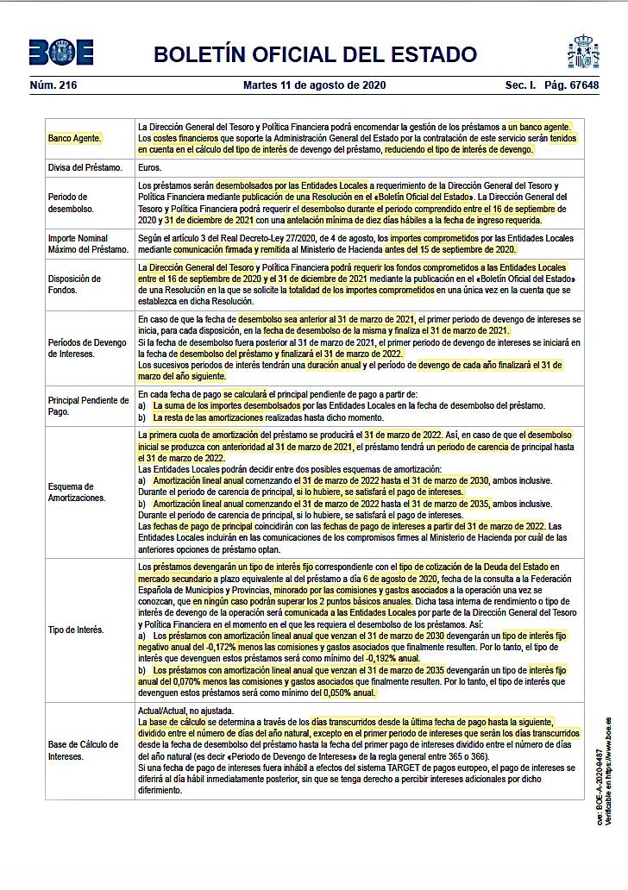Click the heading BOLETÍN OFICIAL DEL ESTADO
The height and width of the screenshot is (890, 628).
click(315, 54)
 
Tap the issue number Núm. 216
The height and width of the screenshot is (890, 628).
click(53, 85)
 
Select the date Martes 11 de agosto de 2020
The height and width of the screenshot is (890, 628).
click(314, 85)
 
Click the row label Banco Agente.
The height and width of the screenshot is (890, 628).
click(75, 138)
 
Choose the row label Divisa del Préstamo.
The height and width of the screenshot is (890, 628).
click(85, 167)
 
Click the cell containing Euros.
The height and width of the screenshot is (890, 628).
click(150, 167)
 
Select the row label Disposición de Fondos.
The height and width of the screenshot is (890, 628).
click(75, 285)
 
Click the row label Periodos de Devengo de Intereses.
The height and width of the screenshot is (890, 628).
click(86, 348)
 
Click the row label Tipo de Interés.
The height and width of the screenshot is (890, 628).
click(76, 630)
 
